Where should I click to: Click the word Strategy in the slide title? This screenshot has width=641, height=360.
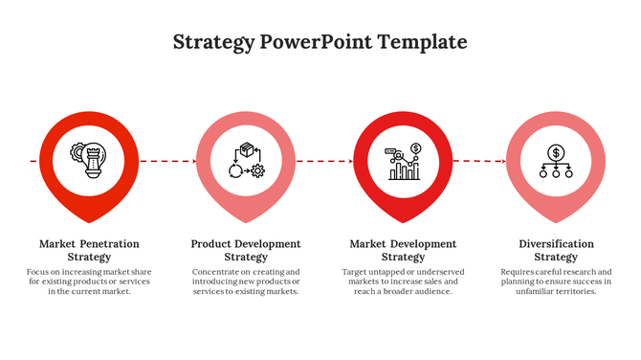coord(214,42)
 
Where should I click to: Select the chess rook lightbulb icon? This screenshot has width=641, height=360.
coord(90,160)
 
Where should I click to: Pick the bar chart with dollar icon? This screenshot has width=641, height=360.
coord(404,161)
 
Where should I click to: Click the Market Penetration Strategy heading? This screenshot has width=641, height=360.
coord(90,250)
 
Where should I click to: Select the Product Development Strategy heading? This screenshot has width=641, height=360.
coord(246,250)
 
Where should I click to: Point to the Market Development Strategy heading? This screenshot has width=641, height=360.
coord(403,250)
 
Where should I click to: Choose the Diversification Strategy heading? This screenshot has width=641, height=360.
coord(556,250)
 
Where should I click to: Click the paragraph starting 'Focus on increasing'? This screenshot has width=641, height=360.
coord(90,281)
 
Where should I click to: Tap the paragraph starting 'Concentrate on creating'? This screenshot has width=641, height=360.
coord(246,281)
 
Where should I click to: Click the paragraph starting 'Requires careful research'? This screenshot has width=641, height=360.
coord(556,281)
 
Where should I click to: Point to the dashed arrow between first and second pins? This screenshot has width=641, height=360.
coord(167,161)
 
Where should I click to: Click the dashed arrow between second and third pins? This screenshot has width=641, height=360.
coord(324,161)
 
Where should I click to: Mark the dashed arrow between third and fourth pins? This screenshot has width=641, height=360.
coord(479,161)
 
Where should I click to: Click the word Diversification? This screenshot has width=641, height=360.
coord(556,244)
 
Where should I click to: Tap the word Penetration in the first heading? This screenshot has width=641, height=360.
coord(109,244)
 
